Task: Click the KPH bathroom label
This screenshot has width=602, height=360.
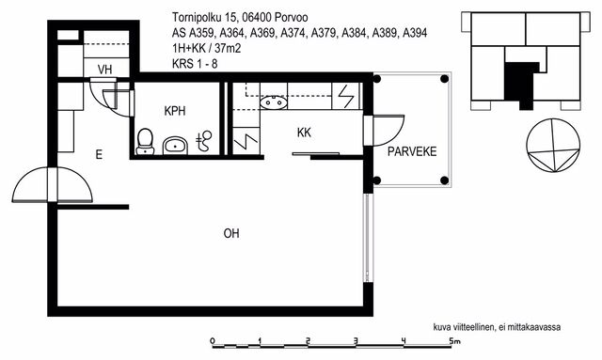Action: pos(175,111)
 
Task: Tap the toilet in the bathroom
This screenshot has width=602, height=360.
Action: pos(145,142)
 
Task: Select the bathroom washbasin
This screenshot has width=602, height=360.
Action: pos(175,146)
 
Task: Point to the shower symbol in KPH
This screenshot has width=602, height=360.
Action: pos(204,140)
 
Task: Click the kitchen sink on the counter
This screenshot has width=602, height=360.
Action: pos(274,102)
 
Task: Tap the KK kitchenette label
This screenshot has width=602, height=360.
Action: pos(304,133)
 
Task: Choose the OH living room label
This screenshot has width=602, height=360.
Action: pos(231,233)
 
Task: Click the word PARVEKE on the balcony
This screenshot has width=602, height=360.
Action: pos(412,151)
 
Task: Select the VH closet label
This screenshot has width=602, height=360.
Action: pos(104,70)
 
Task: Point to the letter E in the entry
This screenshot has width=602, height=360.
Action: pos(99,155)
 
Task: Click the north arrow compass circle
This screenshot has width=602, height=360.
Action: pos(553,145)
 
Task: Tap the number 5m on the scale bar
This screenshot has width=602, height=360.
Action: pos(454,340)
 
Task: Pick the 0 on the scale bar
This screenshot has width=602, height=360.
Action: pos(213,340)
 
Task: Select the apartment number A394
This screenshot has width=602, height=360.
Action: pos(415,33)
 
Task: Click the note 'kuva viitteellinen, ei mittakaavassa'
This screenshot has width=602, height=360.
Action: pos(497,327)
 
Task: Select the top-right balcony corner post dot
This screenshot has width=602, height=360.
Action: pos(445,79)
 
